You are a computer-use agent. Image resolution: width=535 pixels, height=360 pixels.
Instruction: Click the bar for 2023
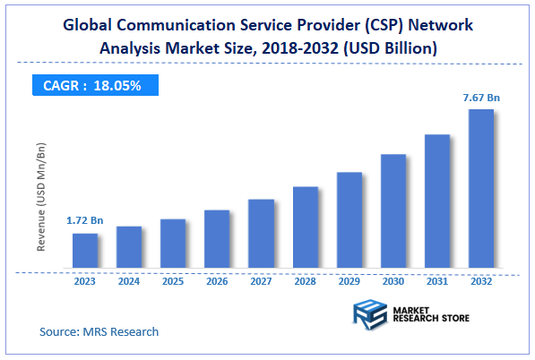85,250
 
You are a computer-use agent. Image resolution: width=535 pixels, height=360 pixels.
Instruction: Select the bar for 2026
217,238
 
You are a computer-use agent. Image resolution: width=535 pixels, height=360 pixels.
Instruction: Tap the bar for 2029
349,219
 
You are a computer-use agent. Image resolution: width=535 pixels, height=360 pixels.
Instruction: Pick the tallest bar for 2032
481,188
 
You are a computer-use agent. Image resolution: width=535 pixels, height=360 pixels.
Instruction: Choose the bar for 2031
437,201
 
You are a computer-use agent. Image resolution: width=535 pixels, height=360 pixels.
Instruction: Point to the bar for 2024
129,246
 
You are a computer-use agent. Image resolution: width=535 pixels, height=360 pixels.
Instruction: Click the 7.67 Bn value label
481,96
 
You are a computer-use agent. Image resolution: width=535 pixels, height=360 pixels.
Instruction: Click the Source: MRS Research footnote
99,332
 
